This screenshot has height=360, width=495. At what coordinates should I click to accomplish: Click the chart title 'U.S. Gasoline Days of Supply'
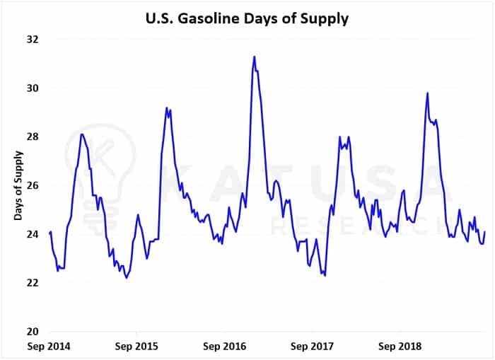[248, 18]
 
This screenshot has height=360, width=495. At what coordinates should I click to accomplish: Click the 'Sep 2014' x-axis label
[49, 347]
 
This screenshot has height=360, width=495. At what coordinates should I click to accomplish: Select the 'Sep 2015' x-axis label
[136, 347]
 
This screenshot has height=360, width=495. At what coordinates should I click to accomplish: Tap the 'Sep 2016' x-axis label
[224, 347]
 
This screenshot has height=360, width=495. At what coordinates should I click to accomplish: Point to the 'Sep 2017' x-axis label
[312, 347]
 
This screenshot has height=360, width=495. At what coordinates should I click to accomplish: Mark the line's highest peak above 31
[254, 57]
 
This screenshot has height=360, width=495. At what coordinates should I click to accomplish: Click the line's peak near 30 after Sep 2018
[427, 93]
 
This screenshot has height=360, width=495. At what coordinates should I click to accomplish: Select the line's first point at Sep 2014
[49, 233]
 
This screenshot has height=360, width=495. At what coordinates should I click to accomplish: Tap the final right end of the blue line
[485, 232]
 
